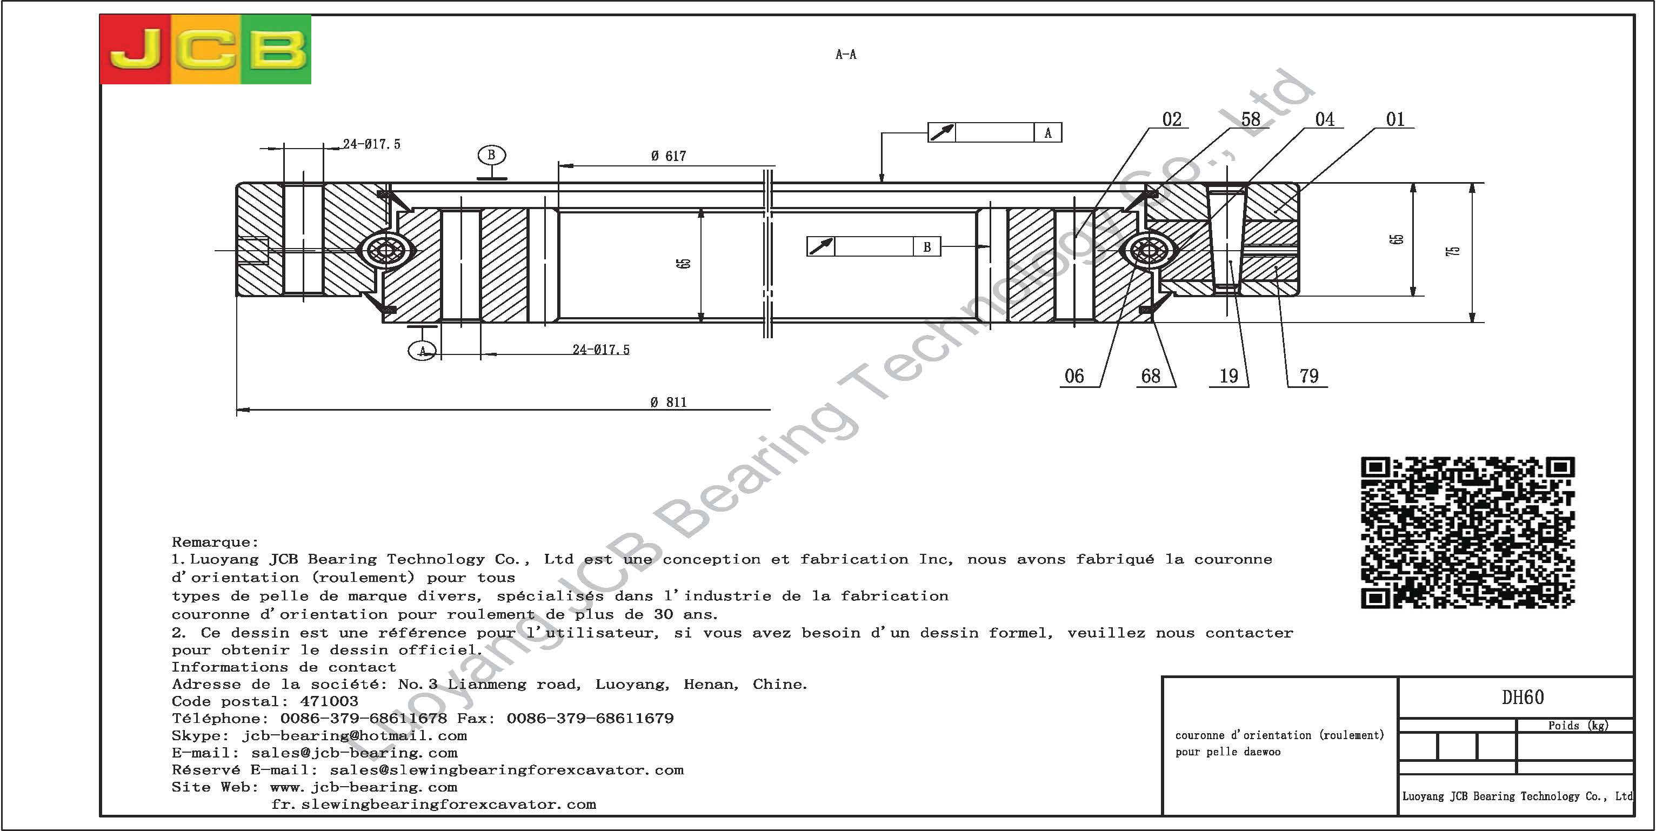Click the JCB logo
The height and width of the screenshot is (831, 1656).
205,50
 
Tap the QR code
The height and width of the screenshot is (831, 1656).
1467,532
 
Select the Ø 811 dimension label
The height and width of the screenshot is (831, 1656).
669,403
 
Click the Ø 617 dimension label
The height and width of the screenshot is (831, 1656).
669,156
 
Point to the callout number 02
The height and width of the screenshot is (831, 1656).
1171,119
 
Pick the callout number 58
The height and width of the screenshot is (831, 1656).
1250,119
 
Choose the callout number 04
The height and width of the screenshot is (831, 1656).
1324,119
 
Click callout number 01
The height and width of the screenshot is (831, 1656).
1395,119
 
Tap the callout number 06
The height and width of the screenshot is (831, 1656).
1074,376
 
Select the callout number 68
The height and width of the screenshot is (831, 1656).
1151,376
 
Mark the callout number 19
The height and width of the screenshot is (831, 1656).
1228,376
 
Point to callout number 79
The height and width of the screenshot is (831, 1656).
1309,376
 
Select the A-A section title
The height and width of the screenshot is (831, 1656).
846,55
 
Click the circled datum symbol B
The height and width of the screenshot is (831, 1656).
492,155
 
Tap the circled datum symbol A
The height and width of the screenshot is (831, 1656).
422,351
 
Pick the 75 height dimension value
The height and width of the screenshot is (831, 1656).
1452,251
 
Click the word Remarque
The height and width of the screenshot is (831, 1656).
215,542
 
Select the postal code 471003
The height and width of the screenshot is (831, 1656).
329,701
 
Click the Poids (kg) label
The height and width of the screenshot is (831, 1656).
1578,726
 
